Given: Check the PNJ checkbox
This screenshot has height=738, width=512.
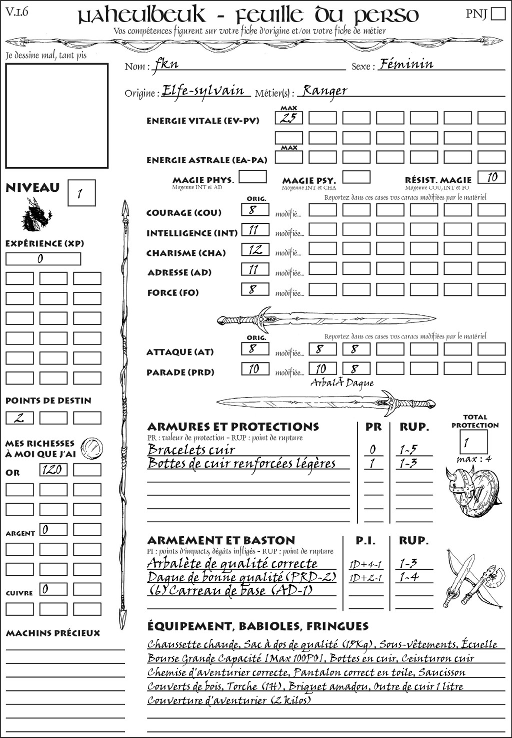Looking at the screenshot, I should (x=498, y=14).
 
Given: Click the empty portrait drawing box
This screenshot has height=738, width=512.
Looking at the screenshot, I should (x=56, y=116).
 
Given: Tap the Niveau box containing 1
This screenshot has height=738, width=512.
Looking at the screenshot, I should (x=81, y=193).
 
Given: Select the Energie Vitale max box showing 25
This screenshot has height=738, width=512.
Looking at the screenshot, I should (x=288, y=118).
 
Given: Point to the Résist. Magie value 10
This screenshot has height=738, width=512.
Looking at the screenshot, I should (x=491, y=177).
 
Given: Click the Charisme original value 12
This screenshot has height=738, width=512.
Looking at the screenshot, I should (x=255, y=250).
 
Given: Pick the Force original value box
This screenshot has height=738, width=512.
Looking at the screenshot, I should (x=255, y=289).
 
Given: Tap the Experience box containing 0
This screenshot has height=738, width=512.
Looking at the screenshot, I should (x=43, y=259).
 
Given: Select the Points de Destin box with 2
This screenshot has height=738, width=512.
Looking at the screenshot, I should (x=19, y=418).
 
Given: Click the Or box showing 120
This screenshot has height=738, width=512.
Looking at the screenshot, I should (x=53, y=470).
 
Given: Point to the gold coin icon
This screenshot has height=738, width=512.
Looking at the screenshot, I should (x=92, y=447).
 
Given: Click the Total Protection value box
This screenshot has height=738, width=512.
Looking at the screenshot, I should (x=473, y=442).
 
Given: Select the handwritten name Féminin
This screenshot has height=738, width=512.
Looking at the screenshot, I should (x=406, y=64).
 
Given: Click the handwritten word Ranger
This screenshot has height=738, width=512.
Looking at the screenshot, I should (x=325, y=91).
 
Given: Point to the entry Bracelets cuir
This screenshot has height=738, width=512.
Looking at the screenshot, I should (x=191, y=450).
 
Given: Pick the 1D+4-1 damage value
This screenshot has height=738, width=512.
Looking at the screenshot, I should (x=365, y=564).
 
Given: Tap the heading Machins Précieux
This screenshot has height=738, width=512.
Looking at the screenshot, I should (x=53, y=633).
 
